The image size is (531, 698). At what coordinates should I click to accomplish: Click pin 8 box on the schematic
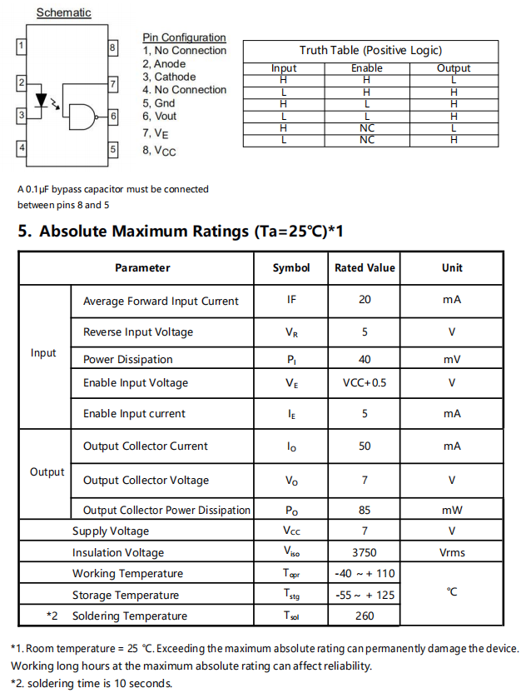tap(112, 48)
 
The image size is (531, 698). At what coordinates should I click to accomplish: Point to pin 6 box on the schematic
tap(113, 116)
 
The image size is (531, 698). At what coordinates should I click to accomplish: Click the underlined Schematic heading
tap(63, 12)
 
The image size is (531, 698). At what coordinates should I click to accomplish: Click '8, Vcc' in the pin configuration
tap(159, 151)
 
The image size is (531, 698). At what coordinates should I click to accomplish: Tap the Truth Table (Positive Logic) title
tap(370, 50)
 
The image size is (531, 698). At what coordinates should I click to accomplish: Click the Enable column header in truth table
tap(366, 68)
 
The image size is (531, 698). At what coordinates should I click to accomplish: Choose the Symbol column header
tap(291, 268)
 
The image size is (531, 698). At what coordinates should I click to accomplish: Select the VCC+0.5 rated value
tap(365, 383)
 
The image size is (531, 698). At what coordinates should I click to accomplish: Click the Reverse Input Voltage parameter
tap(138, 332)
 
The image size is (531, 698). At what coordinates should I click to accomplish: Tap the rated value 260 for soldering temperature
tap(365, 616)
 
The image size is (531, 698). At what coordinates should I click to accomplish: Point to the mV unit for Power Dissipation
tap(452, 360)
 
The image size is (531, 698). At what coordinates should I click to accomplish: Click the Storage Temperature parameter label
tap(126, 596)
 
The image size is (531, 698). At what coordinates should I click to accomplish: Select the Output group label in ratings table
tap(47, 472)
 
